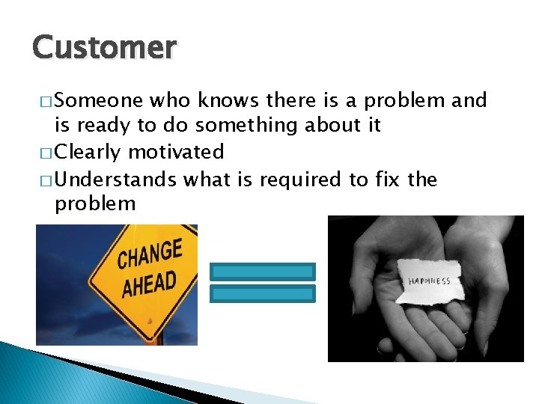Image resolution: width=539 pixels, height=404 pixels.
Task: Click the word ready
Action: tap(105, 126)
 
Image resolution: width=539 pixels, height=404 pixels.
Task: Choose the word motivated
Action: tap(176, 153)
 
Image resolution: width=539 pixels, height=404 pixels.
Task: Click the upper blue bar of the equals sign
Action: tap(263, 271)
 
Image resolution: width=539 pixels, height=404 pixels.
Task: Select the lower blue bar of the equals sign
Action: tap(263, 293)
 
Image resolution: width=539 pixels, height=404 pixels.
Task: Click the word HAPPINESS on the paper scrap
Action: tap(429, 281)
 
